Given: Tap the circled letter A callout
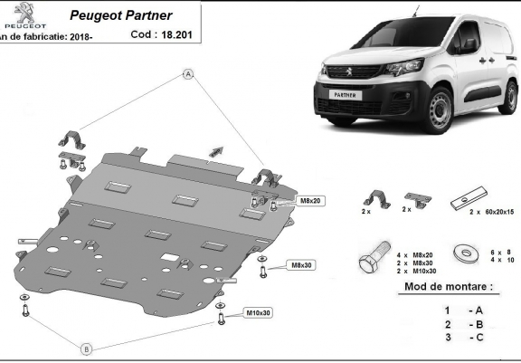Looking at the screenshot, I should click(x=188, y=73).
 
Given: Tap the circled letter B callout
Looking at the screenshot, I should click(x=87, y=349).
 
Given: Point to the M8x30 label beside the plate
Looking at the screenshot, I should click(x=300, y=265).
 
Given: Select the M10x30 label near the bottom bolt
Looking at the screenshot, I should click(x=258, y=312).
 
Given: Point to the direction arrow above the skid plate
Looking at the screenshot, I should click(x=216, y=149).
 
